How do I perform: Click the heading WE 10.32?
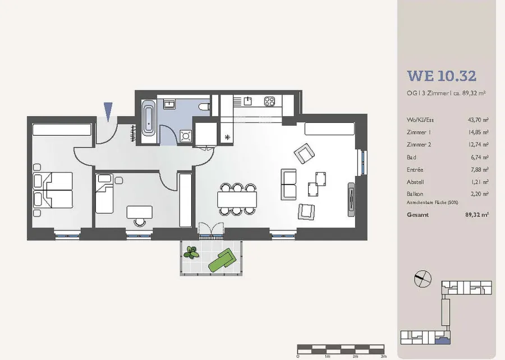[442, 76]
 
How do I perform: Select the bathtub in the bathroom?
[149, 117]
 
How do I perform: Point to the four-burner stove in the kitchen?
[269, 101]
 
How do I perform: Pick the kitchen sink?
[247, 101]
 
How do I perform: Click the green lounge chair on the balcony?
[222, 259]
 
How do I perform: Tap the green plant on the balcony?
[191, 252]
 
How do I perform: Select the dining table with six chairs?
[237, 200]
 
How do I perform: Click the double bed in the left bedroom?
[53, 190]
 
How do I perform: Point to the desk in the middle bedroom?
[140, 212]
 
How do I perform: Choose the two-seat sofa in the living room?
[288, 184]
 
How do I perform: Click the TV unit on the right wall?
[351, 200]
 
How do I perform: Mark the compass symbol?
[423, 279]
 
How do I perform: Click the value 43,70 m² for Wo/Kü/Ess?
[478, 120]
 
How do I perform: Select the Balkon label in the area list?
[415, 194]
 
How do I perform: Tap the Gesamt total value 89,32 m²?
[477, 215]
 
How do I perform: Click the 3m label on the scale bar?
[383, 357]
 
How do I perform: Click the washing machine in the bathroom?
[186, 136]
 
